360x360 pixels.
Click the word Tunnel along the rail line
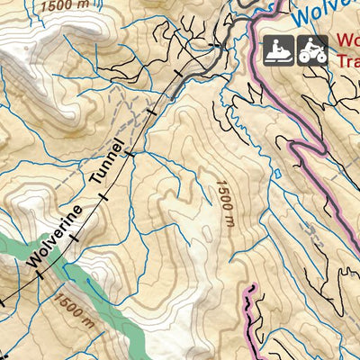[106, 167]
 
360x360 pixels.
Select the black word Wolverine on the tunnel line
[55, 236]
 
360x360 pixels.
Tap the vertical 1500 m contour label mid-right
[224, 203]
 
